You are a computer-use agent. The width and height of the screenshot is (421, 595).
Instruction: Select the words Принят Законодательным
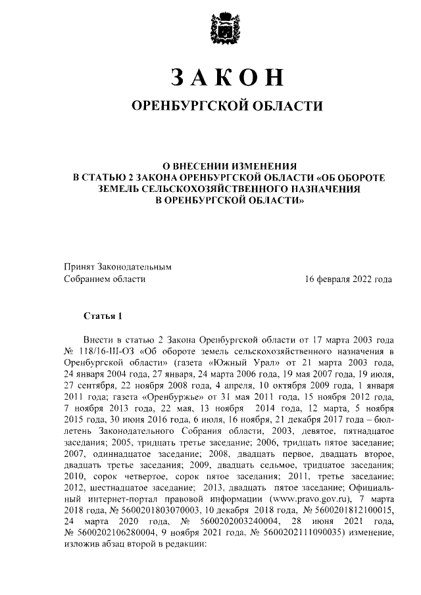[117, 267]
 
